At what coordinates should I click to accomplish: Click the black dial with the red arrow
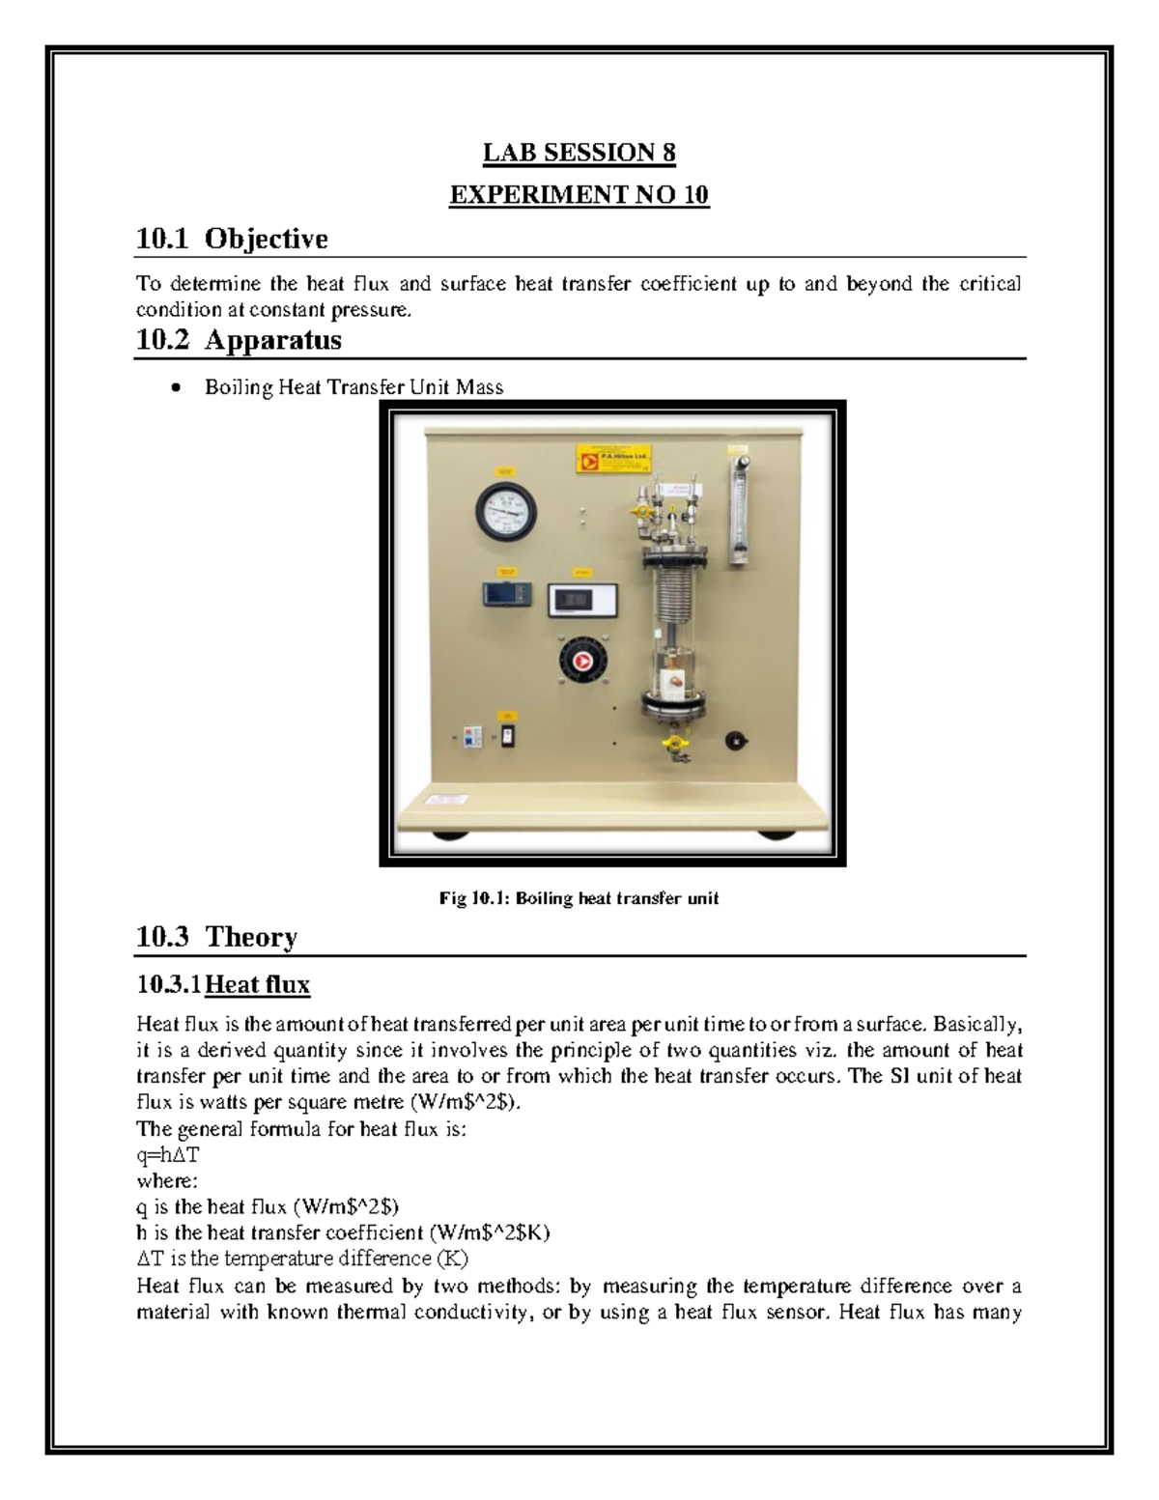(x=583, y=662)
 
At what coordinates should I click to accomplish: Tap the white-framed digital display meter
(x=577, y=600)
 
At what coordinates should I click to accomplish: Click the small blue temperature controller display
(x=507, y=593)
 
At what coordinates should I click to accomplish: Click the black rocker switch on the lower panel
(x=506, y=736)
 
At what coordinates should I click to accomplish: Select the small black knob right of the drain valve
(x=737, y=741)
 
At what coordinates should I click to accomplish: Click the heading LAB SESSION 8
(x=579, y=153)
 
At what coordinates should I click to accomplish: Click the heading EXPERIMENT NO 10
(x=579, y=195)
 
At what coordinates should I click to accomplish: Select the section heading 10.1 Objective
(x=232, y=239)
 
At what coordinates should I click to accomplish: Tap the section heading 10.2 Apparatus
(x=239, y=340)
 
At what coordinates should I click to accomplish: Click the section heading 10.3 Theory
(x=216, y=937)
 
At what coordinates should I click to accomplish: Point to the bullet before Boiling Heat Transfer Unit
(x=174, y=388)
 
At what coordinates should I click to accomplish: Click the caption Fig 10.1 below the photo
(x=579, y=898)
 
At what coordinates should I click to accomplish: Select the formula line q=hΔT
(x=168, y=1155)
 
